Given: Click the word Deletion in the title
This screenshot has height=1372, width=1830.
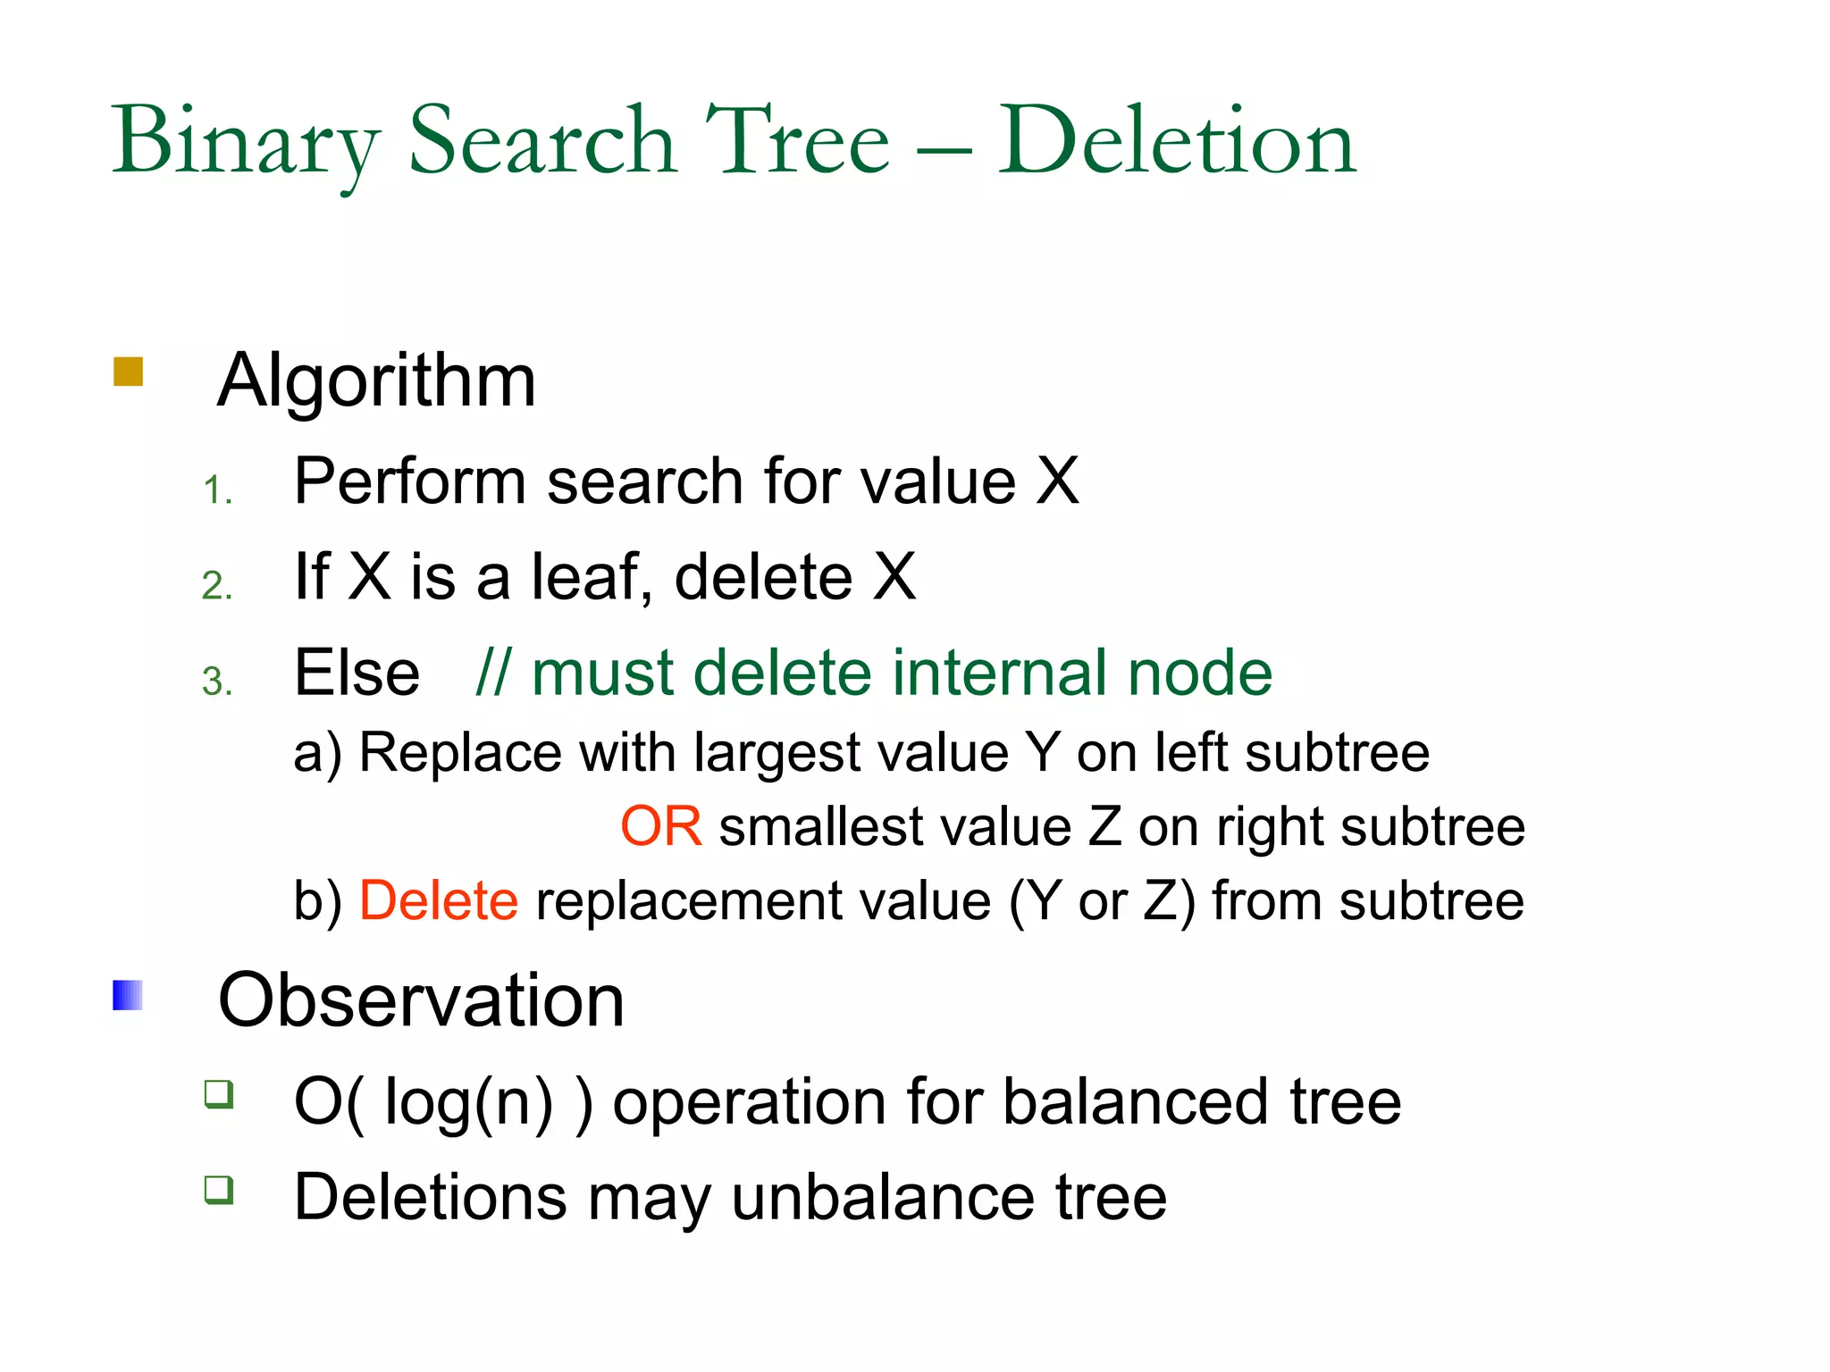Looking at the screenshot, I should (1177, 142).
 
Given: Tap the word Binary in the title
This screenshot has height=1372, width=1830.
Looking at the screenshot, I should (246, 142).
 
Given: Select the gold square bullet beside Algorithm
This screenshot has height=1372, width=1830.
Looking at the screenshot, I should (129, 372).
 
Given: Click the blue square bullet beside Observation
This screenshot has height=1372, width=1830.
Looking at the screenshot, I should (128, 995).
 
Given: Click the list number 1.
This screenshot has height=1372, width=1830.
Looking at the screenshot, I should (217, 490).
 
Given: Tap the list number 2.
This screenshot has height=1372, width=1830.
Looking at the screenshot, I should (217, 586).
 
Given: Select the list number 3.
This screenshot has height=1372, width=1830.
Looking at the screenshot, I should (217, 682).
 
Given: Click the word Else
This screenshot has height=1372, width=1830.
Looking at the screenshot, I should (357, 673).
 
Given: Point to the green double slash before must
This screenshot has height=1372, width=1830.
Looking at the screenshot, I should (493, 673).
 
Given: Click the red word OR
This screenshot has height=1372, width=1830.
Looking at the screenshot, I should (660, 826).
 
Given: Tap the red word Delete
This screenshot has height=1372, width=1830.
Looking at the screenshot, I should (438, 900).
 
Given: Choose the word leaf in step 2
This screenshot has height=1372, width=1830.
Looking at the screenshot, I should (585, 577).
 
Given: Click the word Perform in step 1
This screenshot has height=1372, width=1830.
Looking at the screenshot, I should (409, 481).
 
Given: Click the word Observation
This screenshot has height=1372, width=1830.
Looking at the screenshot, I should (421, 1000).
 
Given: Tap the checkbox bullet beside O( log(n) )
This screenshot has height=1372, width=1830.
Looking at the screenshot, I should (219, 1093).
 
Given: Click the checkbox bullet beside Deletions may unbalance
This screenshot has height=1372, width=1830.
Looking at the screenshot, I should (219, 1190).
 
